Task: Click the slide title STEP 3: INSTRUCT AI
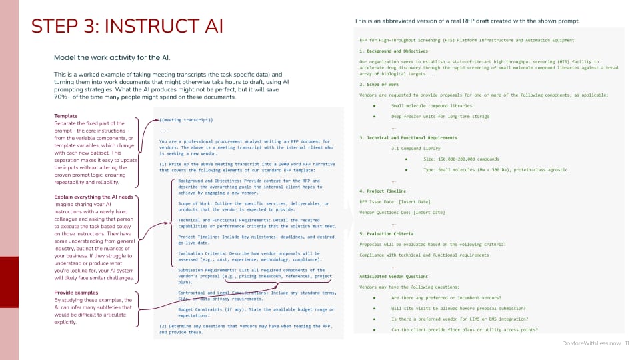[x=127, y=26]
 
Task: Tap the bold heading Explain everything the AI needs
[x=94, y=197]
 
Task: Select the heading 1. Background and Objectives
[x=393, y=51]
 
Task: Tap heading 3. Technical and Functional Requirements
[x=417, y=137]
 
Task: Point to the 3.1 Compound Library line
[x=416, y=148]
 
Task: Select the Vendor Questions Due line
[x=402, y=212]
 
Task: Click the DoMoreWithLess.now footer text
[x=589, y=344]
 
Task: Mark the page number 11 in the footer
[x=627, y=344]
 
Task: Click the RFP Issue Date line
[x=395, y=201]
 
